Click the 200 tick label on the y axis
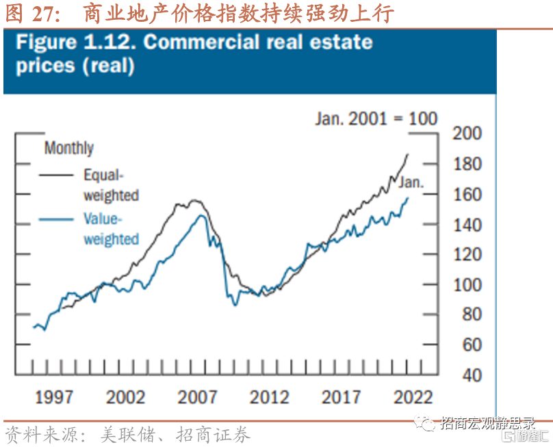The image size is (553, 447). [467, 134]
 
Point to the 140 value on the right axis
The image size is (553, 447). [467, 225]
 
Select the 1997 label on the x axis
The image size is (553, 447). [55, 397]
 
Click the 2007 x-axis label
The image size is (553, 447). [198, 397]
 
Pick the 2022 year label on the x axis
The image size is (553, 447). [413, 397]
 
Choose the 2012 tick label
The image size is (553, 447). [270, 397]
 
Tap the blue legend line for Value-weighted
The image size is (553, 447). [58, 219]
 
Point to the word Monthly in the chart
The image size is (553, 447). [68, 148]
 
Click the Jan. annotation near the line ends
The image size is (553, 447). [411, 182]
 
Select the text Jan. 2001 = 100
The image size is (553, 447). [376, 118]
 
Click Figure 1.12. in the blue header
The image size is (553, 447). [76, 42]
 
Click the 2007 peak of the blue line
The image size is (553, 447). [201, 215]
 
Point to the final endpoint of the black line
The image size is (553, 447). [408, 154]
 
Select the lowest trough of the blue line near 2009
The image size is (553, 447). [235, 305]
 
